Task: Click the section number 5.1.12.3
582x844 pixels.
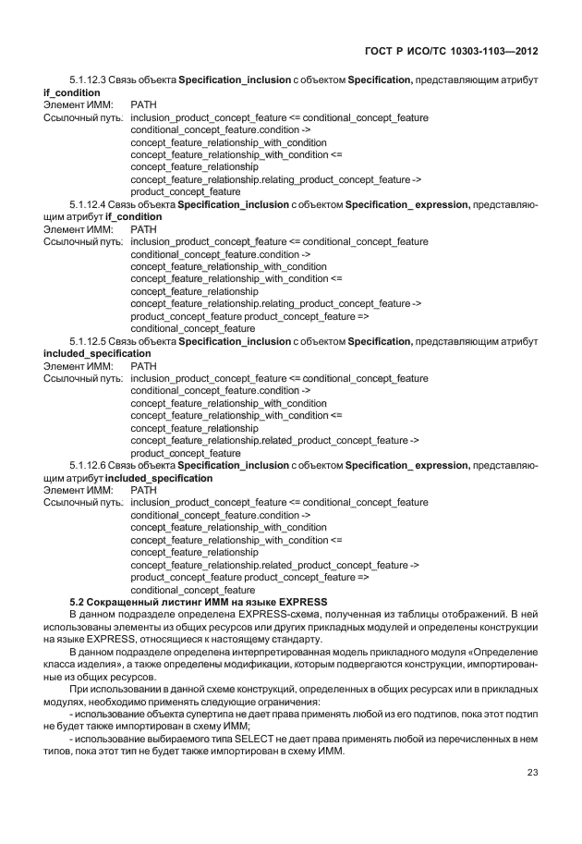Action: [87, 81]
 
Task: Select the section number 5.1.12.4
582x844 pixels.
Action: [87, 203]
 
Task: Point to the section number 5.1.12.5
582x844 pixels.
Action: [87, 341]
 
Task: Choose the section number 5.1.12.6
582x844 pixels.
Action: [87, 465]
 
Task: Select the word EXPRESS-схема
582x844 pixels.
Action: [273, 614]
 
